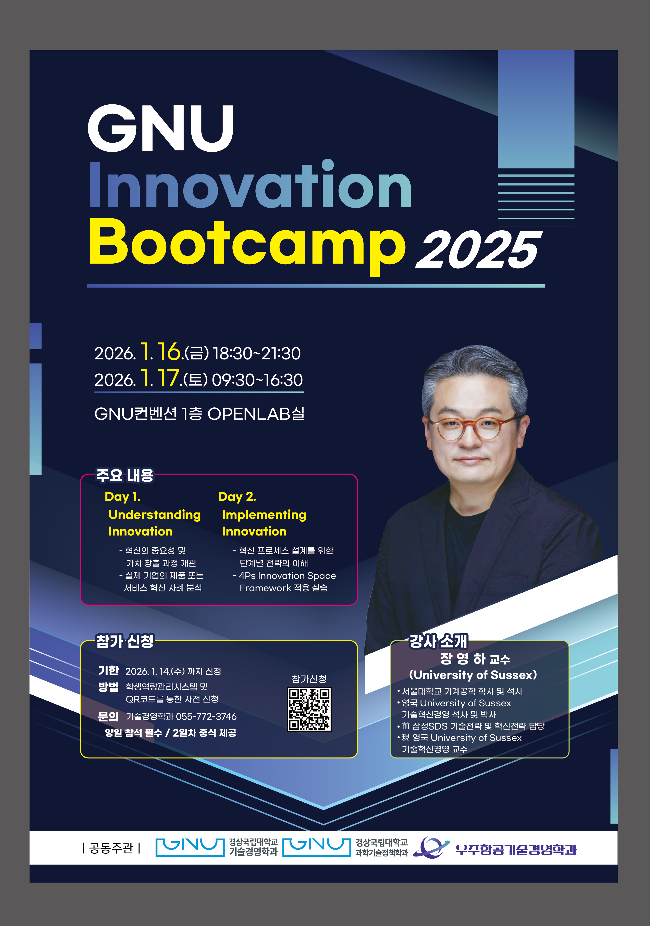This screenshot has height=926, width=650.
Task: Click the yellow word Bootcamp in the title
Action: click(247, 247)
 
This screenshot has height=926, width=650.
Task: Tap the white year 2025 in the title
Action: click(479, 250)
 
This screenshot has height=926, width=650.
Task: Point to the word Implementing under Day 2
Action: click(264, 515)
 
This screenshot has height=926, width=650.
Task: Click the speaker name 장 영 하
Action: click(462, 659)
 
